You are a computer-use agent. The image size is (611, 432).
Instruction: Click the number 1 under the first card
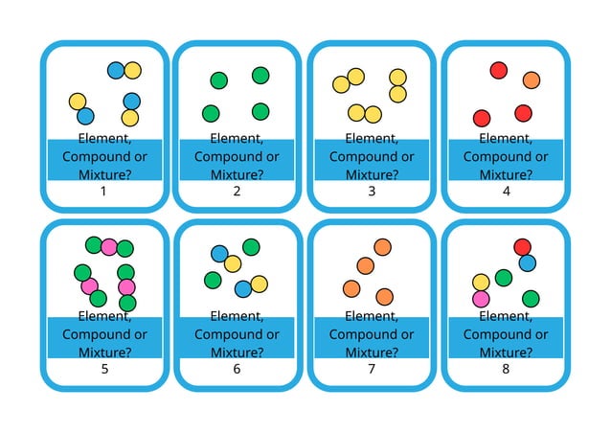point(103,191)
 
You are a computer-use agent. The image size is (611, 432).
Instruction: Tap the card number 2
point(237,191)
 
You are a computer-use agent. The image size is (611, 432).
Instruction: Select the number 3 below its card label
point(372,191)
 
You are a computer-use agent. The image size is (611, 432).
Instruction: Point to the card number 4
point(506,191)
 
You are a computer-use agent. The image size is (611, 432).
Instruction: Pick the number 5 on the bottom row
point(103,369)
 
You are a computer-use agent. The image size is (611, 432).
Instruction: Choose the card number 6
point(237,369)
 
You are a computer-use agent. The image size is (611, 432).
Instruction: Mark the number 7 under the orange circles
point(372,369)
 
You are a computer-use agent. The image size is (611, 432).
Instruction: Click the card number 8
point(506,369)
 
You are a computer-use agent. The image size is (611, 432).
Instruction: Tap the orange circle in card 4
point(532,80)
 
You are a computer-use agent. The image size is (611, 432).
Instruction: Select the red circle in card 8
point(522,247)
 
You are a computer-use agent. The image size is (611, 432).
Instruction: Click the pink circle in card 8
point(481,299)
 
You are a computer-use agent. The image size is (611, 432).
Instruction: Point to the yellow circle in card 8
point(482,282)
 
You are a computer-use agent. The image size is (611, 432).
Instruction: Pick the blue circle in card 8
point(528,262)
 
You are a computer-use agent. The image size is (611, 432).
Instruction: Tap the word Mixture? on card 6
point(237,352)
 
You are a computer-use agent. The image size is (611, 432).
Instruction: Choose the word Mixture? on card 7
point(372,352)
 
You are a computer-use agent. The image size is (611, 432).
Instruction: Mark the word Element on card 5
point(103,316)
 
